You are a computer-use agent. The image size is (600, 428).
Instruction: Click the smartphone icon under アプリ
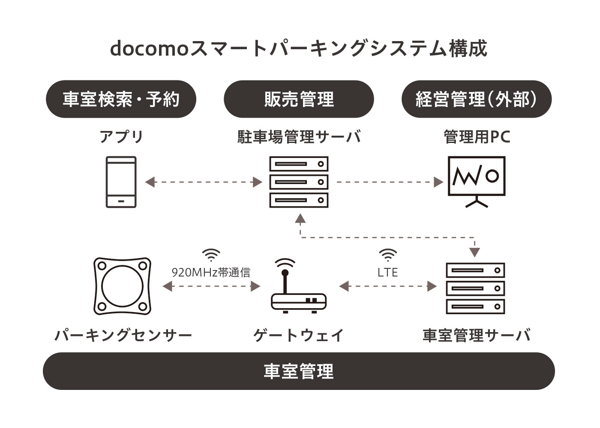[x=121, y=182]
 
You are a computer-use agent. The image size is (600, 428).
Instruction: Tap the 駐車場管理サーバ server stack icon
[x=299, y=182]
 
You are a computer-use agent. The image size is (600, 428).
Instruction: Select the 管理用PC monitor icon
[x=476, y=181]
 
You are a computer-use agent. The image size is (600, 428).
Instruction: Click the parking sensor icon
[x=122, y=285]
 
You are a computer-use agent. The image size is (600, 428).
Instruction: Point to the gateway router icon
[x=299, y=287]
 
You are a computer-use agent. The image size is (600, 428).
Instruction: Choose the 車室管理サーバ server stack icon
[x=475, y=288]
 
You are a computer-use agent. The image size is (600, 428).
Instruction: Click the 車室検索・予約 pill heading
[x=121, y=99]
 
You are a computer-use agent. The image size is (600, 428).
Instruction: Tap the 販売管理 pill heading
[x=299, y=99]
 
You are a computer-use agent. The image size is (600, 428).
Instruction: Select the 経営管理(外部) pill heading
[x=476, y=99]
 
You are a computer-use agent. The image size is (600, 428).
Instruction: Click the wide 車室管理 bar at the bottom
[x=299, y=371]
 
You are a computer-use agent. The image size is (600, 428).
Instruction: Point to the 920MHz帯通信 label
[x=211, y=272]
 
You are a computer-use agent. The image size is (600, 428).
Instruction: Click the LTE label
[x=387, y=272]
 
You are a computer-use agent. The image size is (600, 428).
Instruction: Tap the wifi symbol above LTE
[x=387, y=256]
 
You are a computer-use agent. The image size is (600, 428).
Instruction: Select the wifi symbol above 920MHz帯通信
[x=211, y=256]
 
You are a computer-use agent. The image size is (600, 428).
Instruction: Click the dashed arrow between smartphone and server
[x=204, y=182]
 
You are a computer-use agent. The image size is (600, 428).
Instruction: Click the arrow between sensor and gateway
[x=211, y=286]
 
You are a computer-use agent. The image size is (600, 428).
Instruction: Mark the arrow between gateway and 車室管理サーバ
[x=388, y=286]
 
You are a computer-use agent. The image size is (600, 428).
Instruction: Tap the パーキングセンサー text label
[x=123, y=335]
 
